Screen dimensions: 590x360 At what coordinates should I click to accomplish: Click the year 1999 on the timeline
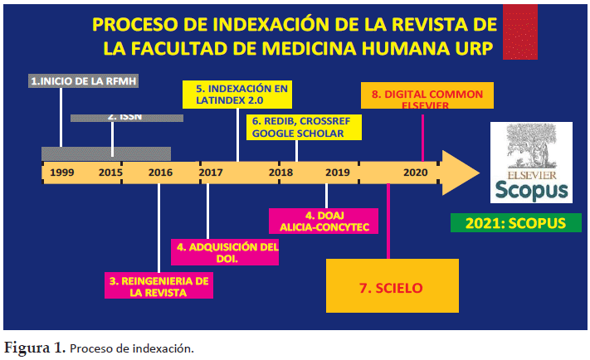pos(62,173)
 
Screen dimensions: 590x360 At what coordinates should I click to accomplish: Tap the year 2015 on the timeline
pos(110,173)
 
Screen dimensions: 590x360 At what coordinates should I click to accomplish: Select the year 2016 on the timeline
pos(160,173)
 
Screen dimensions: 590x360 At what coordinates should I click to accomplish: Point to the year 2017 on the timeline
pos(211,173)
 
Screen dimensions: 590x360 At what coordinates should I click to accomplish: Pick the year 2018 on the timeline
pos(280,173)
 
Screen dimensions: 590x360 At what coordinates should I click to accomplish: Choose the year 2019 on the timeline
pos(338,173)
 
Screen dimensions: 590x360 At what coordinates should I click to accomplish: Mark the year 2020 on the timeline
pos(416,173)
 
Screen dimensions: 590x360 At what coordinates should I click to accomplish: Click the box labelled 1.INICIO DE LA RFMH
pos(83,81)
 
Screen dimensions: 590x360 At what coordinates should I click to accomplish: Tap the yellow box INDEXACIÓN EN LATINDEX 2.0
pos(237,95)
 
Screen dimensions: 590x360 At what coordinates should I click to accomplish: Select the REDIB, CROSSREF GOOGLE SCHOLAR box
pos(304,128)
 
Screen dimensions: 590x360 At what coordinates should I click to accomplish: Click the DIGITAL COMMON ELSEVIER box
pos(427,95)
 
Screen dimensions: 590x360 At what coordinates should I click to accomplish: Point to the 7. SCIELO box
pos(392,285)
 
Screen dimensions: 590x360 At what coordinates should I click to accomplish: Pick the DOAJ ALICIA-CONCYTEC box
pos(324,221)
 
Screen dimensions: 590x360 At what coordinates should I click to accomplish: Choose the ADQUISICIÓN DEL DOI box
pos(225,252)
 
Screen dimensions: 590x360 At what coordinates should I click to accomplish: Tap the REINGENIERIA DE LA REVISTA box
pos(158,285)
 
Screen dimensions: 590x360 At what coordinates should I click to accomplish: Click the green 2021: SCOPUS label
pos(516,223)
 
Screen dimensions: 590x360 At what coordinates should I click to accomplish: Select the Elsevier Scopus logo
pos(531,163)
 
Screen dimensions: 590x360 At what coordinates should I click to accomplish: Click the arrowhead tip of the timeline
pos(480,173)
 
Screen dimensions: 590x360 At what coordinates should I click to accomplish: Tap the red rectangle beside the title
pos(520,32)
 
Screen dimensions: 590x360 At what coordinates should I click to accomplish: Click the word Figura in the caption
pos(27,348)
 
